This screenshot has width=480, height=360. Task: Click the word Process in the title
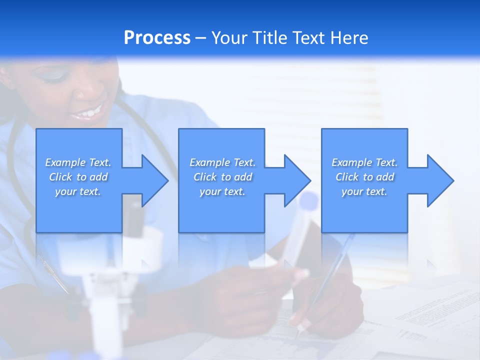point(157,38)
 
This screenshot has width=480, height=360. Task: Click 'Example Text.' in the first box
point(78,162)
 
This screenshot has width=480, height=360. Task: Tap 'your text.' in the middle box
point(222,191)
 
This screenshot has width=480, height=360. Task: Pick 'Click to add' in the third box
point(365,177)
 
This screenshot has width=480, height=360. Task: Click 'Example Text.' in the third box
point(365,162)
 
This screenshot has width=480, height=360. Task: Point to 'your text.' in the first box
point(78,191)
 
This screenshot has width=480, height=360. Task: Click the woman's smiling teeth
point(88,113)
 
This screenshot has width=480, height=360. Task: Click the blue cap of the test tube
point(308,200)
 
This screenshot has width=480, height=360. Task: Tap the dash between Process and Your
point(201,38)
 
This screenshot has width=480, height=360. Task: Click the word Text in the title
point(308,38)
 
